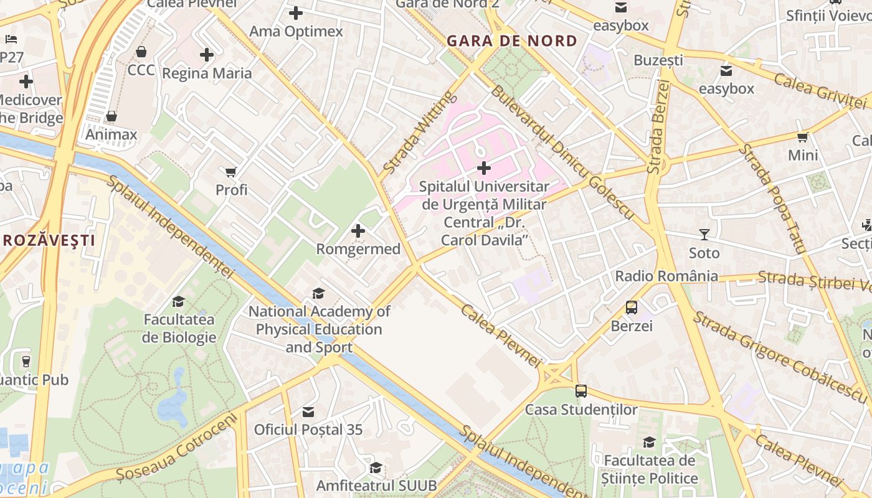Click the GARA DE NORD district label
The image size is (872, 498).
[512, 41]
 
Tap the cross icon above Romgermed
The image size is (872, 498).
[358, 231]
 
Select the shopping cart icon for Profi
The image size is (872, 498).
[231, 172]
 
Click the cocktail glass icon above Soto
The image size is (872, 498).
[704, 235]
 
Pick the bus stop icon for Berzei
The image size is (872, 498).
[632, 308]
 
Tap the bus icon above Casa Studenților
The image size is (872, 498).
[581, 391]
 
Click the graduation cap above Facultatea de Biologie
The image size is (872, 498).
[179, 302]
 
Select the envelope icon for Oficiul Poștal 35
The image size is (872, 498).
[308, 411]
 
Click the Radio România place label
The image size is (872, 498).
[666, 276]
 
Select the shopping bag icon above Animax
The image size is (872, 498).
[111, 116]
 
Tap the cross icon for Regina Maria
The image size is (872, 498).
[207, 55]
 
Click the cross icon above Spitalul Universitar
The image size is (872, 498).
[484, 167]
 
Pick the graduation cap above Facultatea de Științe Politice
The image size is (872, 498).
[649, 442]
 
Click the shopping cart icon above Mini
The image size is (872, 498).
[803, 137]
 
